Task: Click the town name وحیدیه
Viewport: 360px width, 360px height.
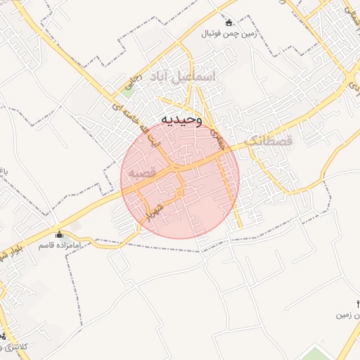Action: click(181, 120)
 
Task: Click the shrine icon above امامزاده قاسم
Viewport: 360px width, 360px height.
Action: click(58, 234)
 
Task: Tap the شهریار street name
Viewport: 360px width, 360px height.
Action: click(155, 210)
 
